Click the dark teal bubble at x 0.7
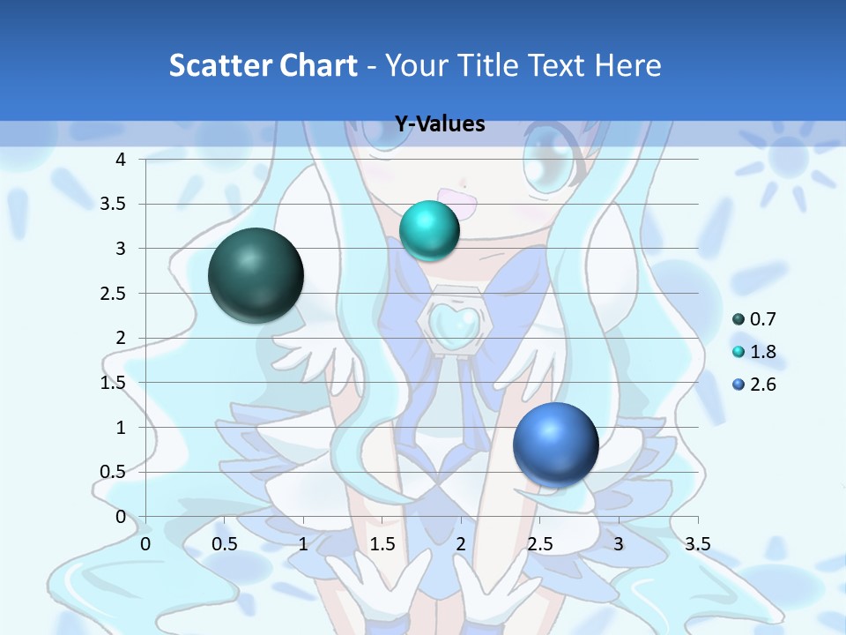pos(256,275)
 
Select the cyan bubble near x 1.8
pos(429,230)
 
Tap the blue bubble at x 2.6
pos(555,444)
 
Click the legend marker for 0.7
pos(738,319)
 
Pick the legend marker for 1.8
pos(738,352)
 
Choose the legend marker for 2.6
pos(738,385)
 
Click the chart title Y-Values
pos(440,124)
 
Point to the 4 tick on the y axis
pos(121,160)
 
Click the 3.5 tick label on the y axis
pos(114,204)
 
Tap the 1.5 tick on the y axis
pos(114,383)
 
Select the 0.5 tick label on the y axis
pos(114,472)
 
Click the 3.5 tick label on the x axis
pos(697,543)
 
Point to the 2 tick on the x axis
pos(461,543)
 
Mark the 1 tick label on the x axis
pos(303,543)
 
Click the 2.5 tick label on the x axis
pos(539,543)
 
